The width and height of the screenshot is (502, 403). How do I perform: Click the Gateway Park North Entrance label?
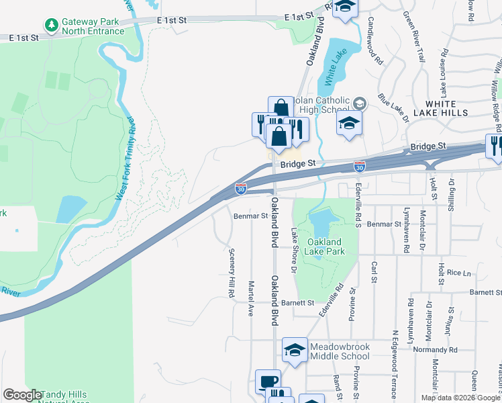(x=91, y=26)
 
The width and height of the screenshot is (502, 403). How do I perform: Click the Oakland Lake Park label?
(x=325, y=247)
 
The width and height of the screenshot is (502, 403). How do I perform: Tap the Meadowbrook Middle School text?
(x=340, y=351)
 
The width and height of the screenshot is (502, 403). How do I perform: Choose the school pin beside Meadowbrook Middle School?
(x=295, y=350)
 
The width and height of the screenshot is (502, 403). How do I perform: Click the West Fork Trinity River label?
(x=125, y=158)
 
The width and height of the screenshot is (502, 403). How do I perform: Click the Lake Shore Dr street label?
(x=293, y=251)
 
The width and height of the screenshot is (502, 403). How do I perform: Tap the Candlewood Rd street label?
(x=374, y=46)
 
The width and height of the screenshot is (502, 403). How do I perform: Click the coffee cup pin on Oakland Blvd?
(x=268, y=382)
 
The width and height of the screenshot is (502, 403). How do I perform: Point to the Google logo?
(x=22, y=395)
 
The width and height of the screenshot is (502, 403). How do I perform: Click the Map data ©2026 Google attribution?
(x=460, y=398)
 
